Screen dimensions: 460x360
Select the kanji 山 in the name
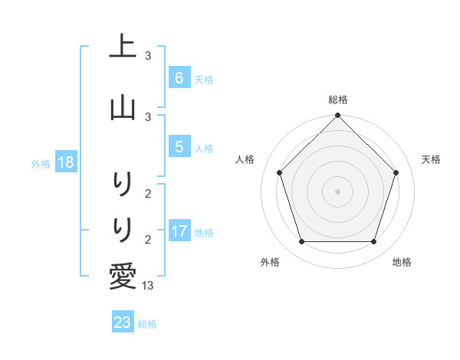[x=123, y=106]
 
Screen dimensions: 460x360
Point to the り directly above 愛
[x=123, y=228]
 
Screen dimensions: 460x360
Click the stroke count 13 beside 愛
[x=149, y=285]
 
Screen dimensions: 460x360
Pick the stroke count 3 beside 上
[x=148, y=56]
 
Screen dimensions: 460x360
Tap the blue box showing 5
[x=179, y=147]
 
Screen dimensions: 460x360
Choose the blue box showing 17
[x=179, y=231]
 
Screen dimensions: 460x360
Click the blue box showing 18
[x=65, y=162]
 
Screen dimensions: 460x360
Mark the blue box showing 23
[x=123, y=322]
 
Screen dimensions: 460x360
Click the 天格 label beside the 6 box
[x=204, y=79]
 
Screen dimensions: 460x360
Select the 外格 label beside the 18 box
[x=41, y=163]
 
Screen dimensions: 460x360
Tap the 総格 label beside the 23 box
[x=147, y=324]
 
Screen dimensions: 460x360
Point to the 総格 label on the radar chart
[x=338, y=100]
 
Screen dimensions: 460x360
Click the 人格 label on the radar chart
[x=245, y=159]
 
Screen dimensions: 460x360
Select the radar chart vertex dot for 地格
[x=374, y=242]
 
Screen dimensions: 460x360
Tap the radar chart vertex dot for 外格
[x=302, y=242]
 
